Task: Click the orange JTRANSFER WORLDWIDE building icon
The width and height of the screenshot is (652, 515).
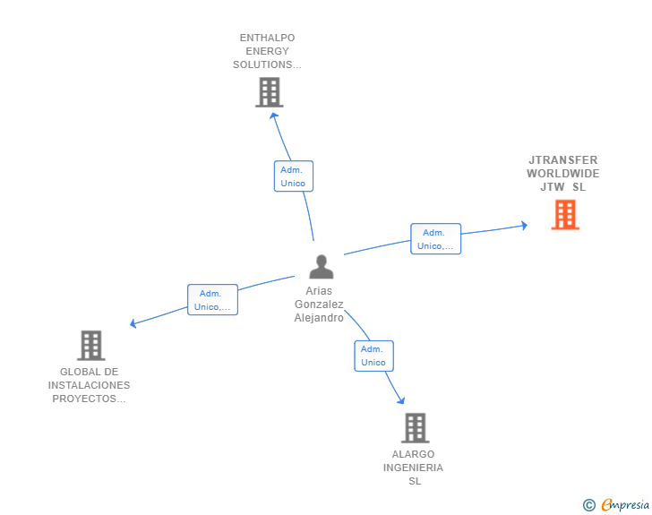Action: pyautogui.click(x=565, y=215)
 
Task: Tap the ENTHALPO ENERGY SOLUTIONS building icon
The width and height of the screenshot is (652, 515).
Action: pyautogui.click(x=270, y=92)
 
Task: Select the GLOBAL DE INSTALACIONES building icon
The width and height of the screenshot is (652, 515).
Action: pyautogui.click(x=91, y=346)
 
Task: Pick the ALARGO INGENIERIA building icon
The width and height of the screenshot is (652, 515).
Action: pyautogui.click(x=415, y=427)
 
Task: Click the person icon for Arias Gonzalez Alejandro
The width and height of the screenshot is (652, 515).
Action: pyautogui.click(x=322, y=267)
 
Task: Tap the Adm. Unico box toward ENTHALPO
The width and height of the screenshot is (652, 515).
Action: pyautogui.click(x=294, y=176)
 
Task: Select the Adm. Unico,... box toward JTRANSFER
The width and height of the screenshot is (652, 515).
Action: pyautogui.click(x=436, y=239)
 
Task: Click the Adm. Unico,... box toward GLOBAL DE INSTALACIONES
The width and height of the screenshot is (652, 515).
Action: pyautogui.click(x=212, y=299)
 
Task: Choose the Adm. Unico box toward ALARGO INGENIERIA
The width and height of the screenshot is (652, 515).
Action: pyautogui.click(x=373, y=356)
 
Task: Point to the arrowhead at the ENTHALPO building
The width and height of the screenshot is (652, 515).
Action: pyautogui.click(x=273, y=116)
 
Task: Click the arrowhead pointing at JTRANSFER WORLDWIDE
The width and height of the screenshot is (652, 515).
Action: pyautogui.click(x=525, y=226)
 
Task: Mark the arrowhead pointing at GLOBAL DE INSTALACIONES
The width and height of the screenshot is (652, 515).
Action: pyautogui.click(x=133, y=323)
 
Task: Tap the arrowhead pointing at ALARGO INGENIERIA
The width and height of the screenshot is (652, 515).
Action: pyautogui.click(x=401, y=400)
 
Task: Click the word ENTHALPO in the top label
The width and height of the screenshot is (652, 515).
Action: pyautogui.click(x=268, y=38)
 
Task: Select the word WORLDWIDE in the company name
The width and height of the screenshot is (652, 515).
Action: pyautogui.click(x=563, y=174)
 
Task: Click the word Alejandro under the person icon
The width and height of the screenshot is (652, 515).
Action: pyautogui.click(x=319, y=318)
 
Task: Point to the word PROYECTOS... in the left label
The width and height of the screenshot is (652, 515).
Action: pyautogui.click(x=89, y=399)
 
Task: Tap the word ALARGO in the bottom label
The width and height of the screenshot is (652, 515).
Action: pyautogui.click(x=413, y=454)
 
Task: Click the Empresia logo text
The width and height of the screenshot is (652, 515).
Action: pyautogui.click(x=625, y=505)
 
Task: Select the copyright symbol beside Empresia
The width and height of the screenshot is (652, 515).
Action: pyautogui.click(x=588, y=505)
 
